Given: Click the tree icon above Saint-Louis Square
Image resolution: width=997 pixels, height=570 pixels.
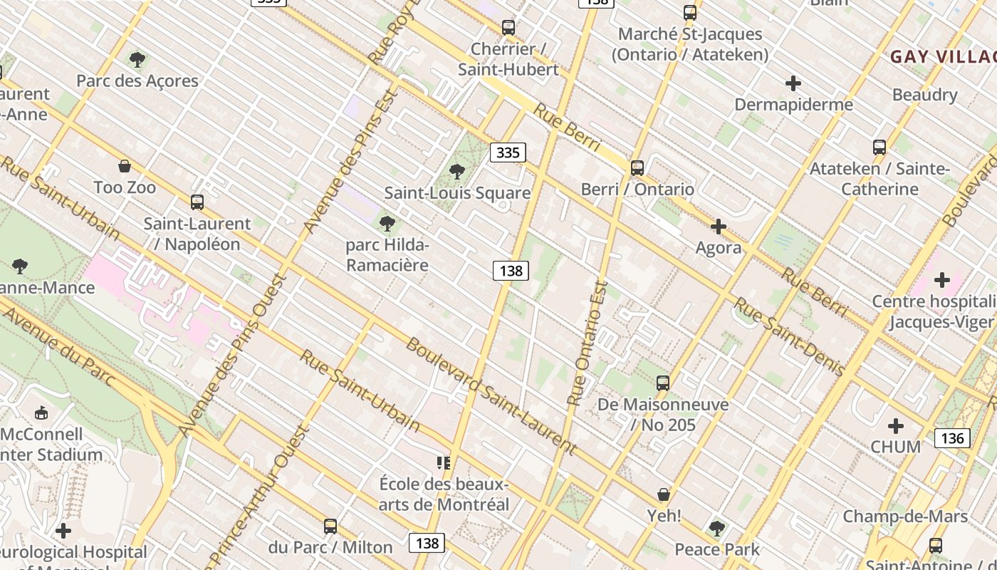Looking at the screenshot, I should tap(457, 172).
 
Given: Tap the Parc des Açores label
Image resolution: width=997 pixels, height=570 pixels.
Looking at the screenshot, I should tap(137, 81).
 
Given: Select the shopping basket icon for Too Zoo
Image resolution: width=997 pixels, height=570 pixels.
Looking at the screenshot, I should tap(125, 167).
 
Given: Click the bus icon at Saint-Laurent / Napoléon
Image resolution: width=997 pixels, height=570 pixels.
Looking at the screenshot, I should tap(197, 202).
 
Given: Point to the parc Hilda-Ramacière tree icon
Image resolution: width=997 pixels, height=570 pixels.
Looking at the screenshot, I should tap(387, 224).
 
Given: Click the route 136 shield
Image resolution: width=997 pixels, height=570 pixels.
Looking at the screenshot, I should tap(952, 437).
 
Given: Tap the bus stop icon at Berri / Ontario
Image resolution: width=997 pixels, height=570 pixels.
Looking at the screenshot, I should tap(637, 168).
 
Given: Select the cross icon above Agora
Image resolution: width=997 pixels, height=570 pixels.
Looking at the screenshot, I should tap(719, 227).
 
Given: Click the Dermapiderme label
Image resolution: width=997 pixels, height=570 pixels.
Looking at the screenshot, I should tap(793, 105).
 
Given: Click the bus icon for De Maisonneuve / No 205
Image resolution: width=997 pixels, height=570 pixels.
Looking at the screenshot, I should tap(663, 383).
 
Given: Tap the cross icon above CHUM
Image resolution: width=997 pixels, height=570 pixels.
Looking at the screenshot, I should tap(896, 426).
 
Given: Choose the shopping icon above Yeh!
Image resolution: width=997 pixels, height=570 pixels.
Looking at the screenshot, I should tap(664, 494).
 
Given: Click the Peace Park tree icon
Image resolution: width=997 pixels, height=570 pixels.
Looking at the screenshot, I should tap(717, 529).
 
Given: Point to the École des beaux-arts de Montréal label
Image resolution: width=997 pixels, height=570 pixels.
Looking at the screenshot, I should tap(444, 494).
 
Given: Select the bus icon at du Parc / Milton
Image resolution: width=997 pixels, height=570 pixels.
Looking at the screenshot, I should tap(330, 527).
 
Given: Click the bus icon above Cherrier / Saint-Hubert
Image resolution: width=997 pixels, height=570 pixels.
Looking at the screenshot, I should tap(508, 28).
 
